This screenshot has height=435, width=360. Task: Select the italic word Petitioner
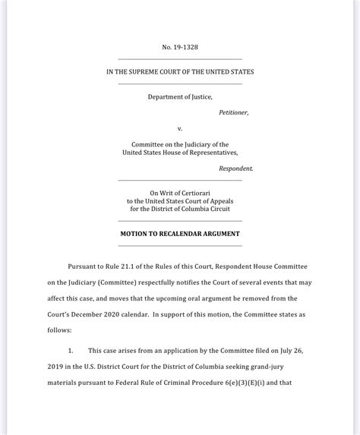(233, 112)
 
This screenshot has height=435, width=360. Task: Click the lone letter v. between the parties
(180, 128)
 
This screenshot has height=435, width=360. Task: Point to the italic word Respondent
(236, 168)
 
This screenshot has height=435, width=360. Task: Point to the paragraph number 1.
(71, 350)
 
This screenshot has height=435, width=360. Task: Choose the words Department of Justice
(180, 96)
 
